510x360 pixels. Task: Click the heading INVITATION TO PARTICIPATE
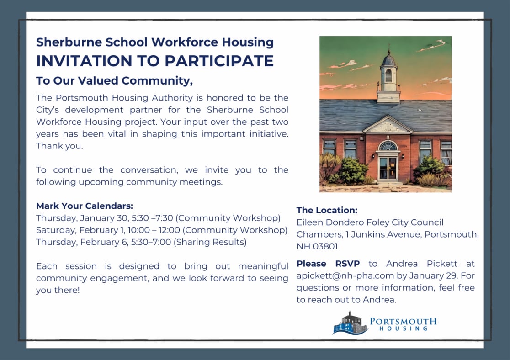pos(155,61)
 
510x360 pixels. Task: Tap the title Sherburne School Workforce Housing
pos(155,42)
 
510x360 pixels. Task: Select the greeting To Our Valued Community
pos(114,81)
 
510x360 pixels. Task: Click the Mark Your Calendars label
pos(85,206)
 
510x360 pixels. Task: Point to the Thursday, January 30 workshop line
pos(158,218)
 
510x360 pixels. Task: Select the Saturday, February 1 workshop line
pos(161,230)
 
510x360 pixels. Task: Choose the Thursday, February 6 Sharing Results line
pos(141,242)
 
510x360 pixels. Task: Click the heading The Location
pos(327,210)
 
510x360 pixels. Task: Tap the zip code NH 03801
pos(317,246)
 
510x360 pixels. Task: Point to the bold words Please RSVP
pos(328,264)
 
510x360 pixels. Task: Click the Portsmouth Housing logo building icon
pos(350,323)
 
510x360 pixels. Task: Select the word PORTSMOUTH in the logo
pos(403,321)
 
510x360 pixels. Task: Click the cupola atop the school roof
pos(388,75)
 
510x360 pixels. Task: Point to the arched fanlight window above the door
pos(388,146)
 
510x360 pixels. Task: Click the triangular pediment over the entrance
pos(388,125)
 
